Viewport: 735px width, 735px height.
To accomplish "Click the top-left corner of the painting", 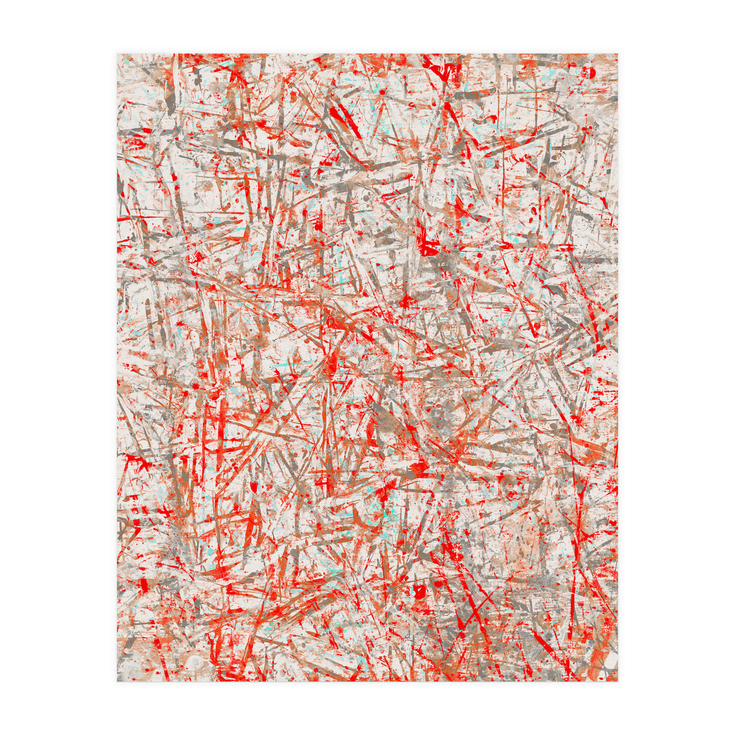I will (118, 54).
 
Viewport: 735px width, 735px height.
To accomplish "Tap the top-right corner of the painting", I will (617, 54).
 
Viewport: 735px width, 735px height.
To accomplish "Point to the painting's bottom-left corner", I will (118, 681).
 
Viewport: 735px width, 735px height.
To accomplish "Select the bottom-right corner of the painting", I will (617, 681).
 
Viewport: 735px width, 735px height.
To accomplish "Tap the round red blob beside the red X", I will (421, 592).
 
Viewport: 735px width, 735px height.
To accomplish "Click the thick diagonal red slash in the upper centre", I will (344, 121).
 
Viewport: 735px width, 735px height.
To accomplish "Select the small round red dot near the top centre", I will (382, 92).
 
